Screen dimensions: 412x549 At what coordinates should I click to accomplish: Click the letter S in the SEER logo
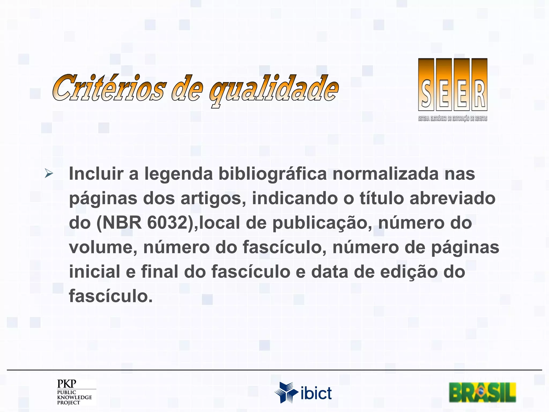coord(426,94)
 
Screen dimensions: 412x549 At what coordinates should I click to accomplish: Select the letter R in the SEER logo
coord(480,94)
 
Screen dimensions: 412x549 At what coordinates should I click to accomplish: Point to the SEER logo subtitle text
coord(453,119)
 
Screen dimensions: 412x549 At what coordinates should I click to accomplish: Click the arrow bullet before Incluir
coord(49,174)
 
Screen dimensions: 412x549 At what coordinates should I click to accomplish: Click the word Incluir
coord(96,174)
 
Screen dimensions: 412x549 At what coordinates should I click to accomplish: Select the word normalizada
coord(385,174)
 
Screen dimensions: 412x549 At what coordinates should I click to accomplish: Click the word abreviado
coord(452,198)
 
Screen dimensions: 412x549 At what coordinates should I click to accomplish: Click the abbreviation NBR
coord(122,223)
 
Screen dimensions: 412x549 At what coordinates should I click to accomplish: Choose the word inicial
coord(95,272)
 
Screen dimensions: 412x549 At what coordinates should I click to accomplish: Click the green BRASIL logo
coord(483,392)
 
